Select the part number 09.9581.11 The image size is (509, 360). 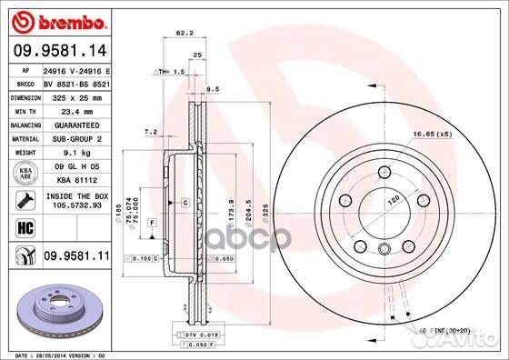click(75, 257)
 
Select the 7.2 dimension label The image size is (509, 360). click(151, 133)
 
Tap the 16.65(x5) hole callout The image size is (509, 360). click(431, 135)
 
